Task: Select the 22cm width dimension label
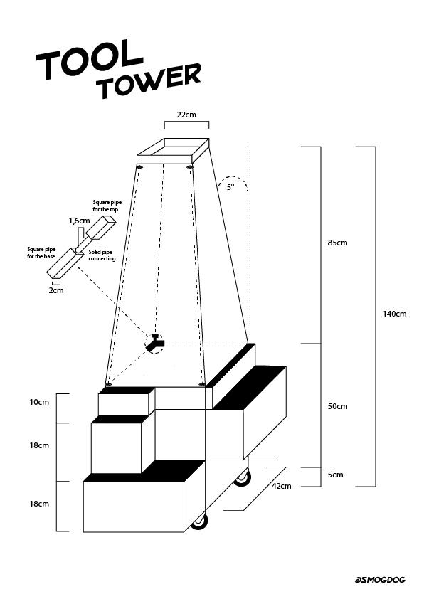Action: pyautogui.click(x=186, y=114)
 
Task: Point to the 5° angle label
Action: pyautogui.click(x=230, y=187)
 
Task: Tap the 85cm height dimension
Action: pyautogui.click(x=337, y=243)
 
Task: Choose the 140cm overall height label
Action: pyautogui.click(x=395, y=314)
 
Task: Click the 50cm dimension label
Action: pyautogui.click(x=337, y=406)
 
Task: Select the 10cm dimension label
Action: pyautogui.click(x=39, y=403)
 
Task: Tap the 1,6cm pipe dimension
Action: pyautogui.click(x=79, y=221)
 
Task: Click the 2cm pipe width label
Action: pyautogui.click(x=55, y=290)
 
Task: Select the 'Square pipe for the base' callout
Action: pyautogui.click(x=41, y=253)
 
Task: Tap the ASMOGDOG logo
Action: pyautogui.click(x=380, y=580)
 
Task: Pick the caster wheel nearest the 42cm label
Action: pyautogui.click(x=243, y=477)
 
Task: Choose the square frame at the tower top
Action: pyautogui.click(x=174, y=151)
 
